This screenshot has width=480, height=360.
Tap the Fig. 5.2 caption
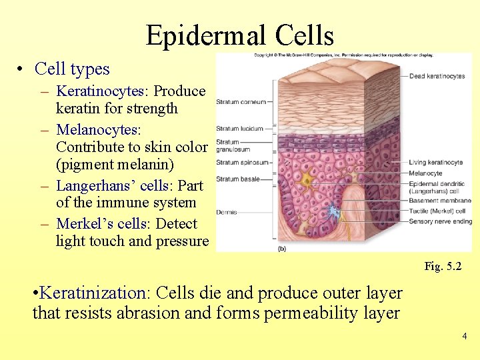[443, 266]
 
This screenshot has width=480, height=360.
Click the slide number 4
[465, 337]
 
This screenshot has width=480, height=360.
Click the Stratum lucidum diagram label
[239, 129]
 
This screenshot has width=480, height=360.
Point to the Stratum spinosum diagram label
[242, 162]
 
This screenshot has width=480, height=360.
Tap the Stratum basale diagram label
[237, 179]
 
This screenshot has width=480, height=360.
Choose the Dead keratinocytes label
[437, 76]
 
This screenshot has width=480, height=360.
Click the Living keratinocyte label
[435, 162]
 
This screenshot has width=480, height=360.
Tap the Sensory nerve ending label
[441, 221]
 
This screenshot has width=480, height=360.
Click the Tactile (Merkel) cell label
[437, 211]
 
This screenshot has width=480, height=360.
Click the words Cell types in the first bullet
[72, 69]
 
